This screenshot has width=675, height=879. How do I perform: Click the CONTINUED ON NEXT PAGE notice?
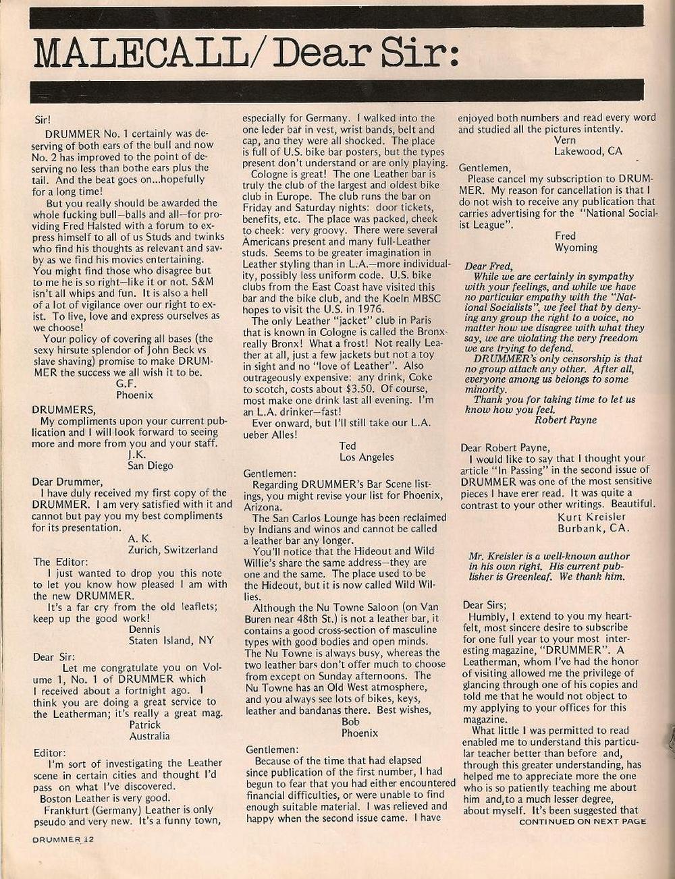coord(582,821)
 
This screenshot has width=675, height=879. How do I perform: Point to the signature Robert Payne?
coord(566,420)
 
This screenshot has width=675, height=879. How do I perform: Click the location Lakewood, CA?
coord(588,151)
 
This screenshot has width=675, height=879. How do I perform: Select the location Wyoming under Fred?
coord(576,247)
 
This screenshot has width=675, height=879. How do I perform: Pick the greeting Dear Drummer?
coord(67,482)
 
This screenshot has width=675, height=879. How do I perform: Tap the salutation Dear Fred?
coord(489,266)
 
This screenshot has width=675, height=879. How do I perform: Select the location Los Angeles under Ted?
coord(367,457)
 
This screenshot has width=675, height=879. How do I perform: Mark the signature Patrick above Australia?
coord(148,725)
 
